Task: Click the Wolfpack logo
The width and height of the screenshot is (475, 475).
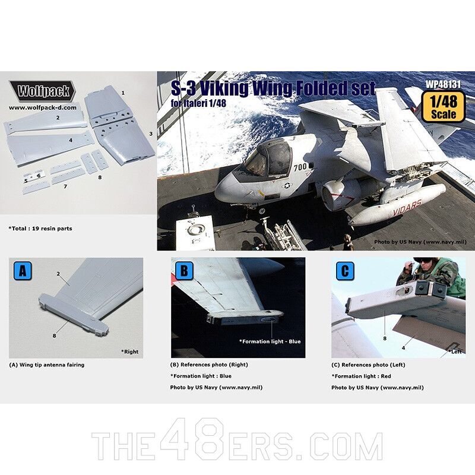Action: pos(43,90)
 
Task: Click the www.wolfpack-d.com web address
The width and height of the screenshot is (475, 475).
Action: pos(43,107)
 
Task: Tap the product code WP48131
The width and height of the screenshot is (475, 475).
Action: pos(442,85)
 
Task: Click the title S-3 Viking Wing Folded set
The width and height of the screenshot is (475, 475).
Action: pos(273,90)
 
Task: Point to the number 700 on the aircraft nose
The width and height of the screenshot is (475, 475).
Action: pos(300,167)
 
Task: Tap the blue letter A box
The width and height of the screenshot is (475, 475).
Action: pos(22,271)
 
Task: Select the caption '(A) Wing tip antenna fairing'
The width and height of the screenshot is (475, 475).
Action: pos(47,365)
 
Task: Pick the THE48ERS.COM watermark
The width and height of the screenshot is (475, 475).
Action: pos(237,445)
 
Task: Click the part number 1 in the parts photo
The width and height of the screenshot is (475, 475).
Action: pos(123,93)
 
